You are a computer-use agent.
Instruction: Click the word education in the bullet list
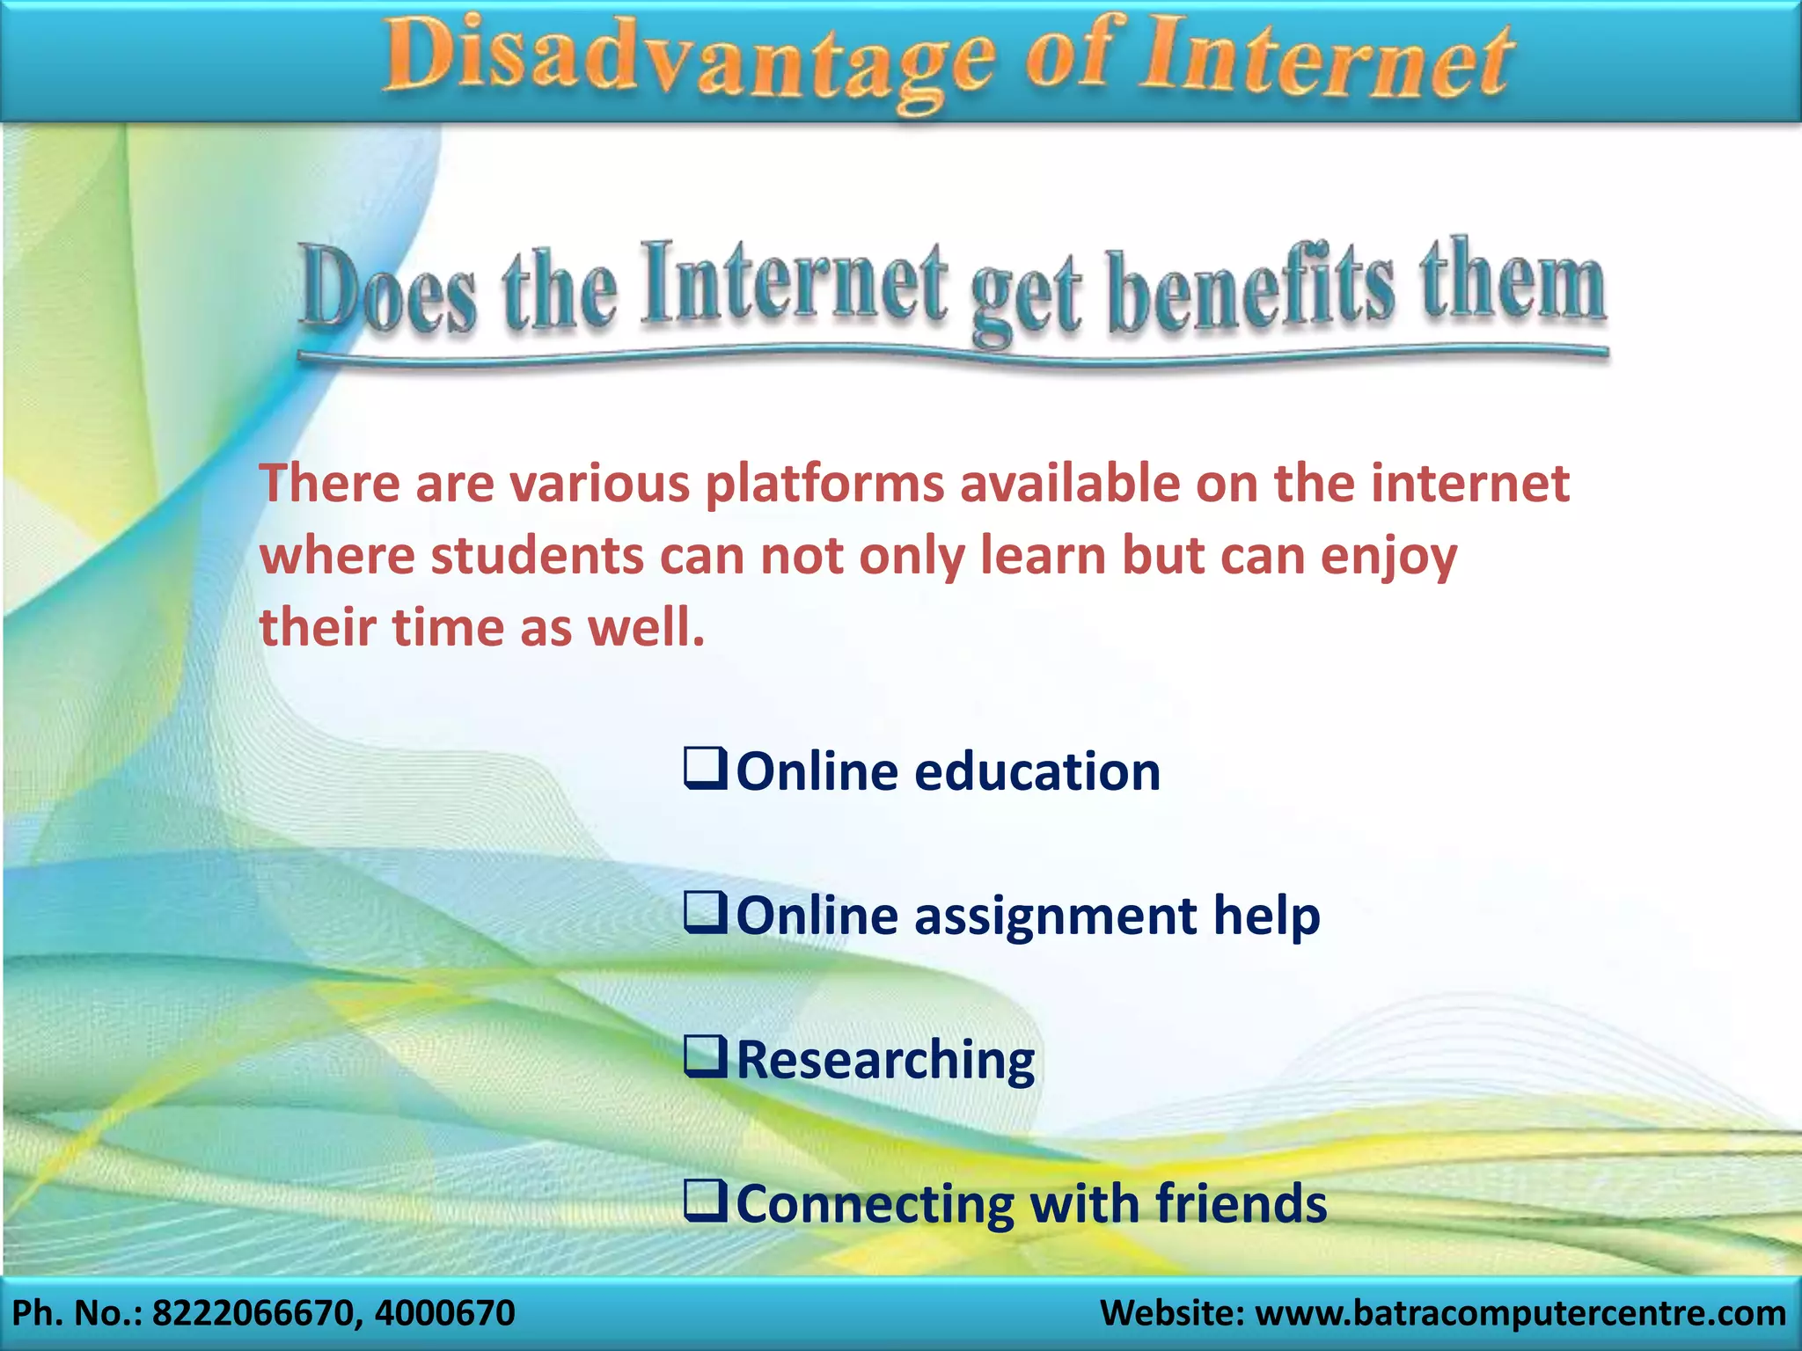tap(1037, 772)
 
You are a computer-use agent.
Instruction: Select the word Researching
tap(885, 1061)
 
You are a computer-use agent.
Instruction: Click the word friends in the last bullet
tap(1241, 1204)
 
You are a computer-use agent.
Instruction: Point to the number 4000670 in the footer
tap(444, 1313)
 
